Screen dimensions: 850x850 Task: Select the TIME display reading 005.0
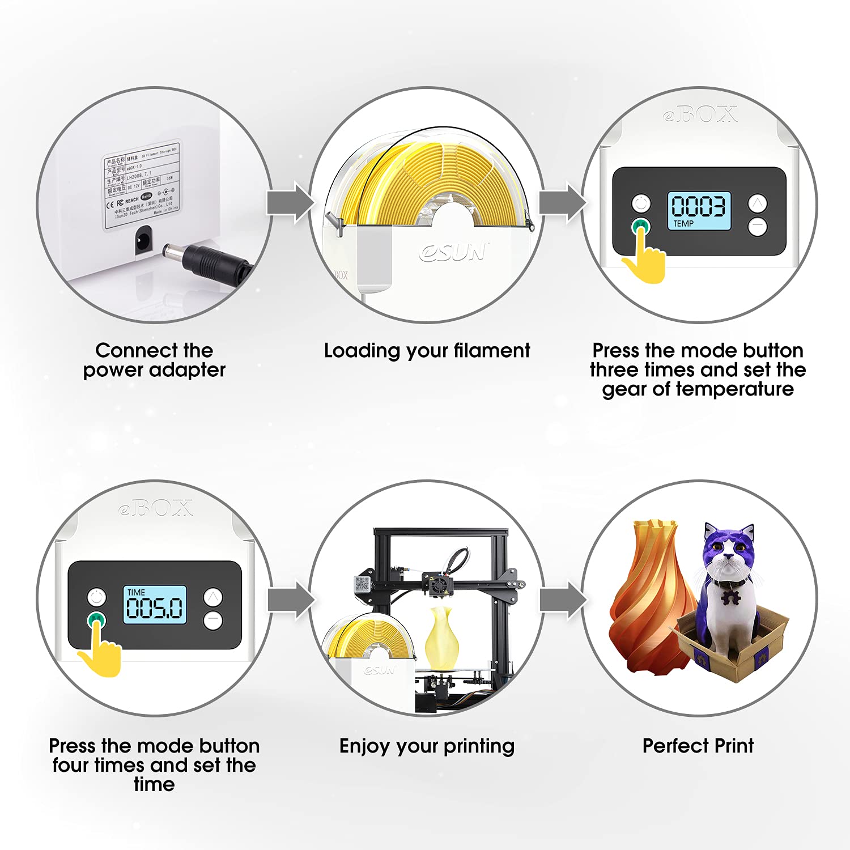155,605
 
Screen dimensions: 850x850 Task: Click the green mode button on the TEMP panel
641,226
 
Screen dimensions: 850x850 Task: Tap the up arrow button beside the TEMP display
758,203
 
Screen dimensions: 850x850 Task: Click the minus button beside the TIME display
213,620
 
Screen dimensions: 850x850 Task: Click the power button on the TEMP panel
641,203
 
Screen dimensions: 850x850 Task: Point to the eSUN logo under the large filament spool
453,252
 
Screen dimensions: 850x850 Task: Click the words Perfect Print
698,746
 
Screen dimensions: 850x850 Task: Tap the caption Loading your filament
427,351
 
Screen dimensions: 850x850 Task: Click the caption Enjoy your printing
427,746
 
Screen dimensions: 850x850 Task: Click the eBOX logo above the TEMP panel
700,115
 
